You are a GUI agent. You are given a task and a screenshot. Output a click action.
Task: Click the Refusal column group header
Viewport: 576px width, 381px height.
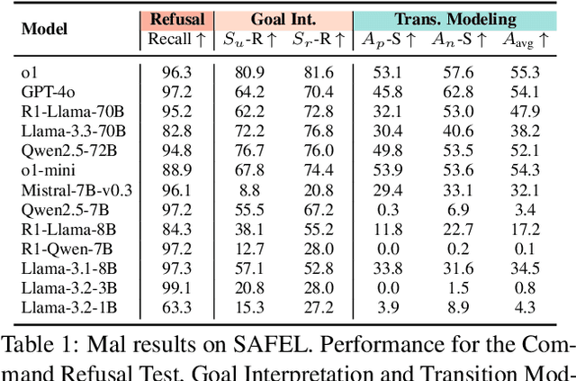[x=176, y=18]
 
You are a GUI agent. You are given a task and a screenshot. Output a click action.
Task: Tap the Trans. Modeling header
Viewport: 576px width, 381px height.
[x=455, y=18]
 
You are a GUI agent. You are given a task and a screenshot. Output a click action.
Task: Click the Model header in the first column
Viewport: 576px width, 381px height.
[x=44, y=29]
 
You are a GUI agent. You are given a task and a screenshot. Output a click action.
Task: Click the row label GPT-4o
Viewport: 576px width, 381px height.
[x=49, y=91]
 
